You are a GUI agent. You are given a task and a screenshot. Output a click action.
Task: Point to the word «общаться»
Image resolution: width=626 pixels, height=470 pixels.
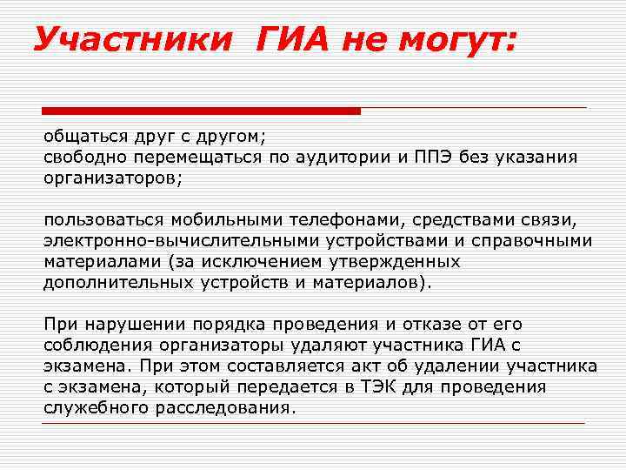[x=85, y=138]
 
